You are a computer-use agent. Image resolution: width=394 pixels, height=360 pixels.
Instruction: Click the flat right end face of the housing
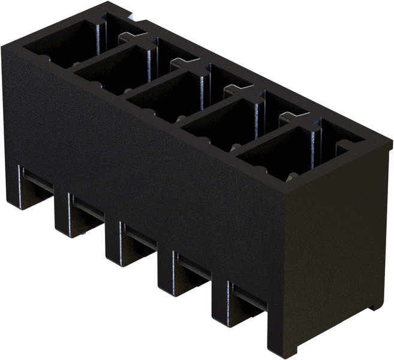(x=336, y=252)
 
